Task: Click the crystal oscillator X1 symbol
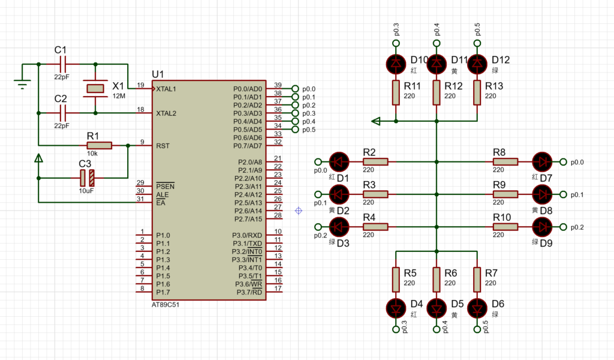[96, 89]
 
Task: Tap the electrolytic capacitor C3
[87, 178]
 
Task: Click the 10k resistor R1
[99, 145]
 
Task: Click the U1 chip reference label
[158, 74]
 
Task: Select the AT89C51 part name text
[165, 305]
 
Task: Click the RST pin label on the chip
[162, 146]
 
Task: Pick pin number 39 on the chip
[278, 85]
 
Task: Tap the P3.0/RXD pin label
[247, 235]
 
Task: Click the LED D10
[396, 63]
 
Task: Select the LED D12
[477, 63]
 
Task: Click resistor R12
[437, 92]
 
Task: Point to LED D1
[339, 161]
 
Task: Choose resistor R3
[376, 194]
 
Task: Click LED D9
[543, 227]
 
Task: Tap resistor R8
[506, 161]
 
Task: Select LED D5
[437, 308]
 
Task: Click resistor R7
[477, 278]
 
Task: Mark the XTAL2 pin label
[167, 113]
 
